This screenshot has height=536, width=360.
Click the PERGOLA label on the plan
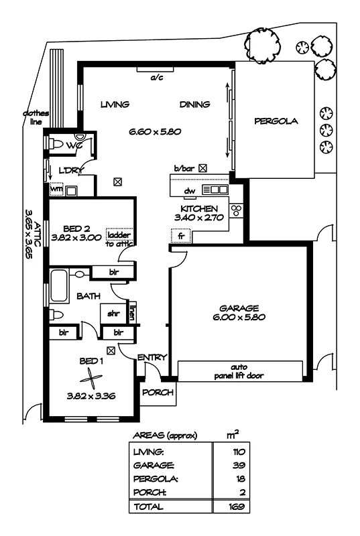[276, 121]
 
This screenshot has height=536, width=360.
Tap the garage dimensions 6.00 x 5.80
[239, 317]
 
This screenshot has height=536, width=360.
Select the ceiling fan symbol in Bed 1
[91, 379]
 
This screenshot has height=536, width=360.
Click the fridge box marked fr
[181, 236]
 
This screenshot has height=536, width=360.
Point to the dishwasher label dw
[190, 191]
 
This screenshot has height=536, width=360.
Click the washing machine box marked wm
[57, 189]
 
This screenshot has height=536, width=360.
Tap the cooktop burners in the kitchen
[236, 210]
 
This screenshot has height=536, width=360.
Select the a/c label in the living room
[157, 78]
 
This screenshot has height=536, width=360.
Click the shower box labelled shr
[113, 313]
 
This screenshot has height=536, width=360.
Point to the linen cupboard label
[131, 312]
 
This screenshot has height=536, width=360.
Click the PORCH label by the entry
[158, 393]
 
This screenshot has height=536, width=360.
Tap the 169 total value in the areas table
[237, 507]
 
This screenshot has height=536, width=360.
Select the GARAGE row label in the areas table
[154, 465]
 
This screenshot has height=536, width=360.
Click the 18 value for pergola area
[241, 479]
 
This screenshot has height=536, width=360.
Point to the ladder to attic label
[119, 239]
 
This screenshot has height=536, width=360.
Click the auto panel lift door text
[239, 372]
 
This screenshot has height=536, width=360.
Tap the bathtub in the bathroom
[60, 285]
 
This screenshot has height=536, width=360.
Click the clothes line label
[36, 118]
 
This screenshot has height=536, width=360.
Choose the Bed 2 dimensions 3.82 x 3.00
[76, 237]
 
